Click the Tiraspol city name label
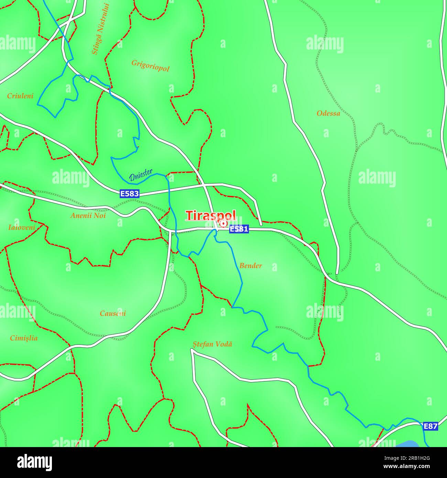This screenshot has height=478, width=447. click(x=211, y=215)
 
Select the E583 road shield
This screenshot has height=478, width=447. click(x=130, y=194)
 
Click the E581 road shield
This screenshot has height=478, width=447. click(x=239, y=229)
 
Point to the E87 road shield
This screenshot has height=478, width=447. click(x=430, y=427)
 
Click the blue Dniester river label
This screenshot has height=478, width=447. click(x=141, y=176)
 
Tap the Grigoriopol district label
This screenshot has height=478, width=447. click(x=150, y=65)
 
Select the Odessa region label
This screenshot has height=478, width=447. click(x=328, y=113)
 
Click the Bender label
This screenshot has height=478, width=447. click(x=250, y=265)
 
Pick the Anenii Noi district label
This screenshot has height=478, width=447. click(x=88, y=216)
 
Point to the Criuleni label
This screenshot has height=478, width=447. click(x=20, y=96)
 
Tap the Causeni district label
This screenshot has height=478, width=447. click(x=113, y=313)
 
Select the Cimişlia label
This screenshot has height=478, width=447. click(x=24, y=338)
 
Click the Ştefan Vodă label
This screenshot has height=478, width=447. click(x=212, y=344)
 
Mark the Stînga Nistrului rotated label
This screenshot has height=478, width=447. click(x=100, y=29)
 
